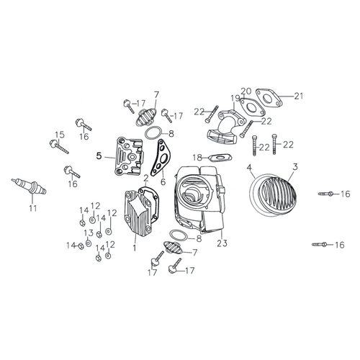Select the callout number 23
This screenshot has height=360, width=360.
[x=222, y=243]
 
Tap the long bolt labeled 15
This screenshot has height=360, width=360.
[x=59, y=147]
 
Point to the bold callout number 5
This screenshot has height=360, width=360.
[x=99, y=156]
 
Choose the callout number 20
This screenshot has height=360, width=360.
[x=246, y=91]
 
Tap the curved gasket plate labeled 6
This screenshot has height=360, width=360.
[x=159, y=158]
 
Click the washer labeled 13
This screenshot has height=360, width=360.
[x=89, y=243]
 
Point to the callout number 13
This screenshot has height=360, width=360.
[x=89, y=233]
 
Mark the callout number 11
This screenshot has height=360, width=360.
[x=33, y=208]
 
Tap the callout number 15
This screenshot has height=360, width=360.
[x=60, y=135]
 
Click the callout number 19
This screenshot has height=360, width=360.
[x=235, y=99]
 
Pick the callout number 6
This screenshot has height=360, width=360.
[x=163, y=181]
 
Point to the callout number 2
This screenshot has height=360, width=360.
[x=146, y=179]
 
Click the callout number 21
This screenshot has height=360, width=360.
[x=299, y=96]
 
